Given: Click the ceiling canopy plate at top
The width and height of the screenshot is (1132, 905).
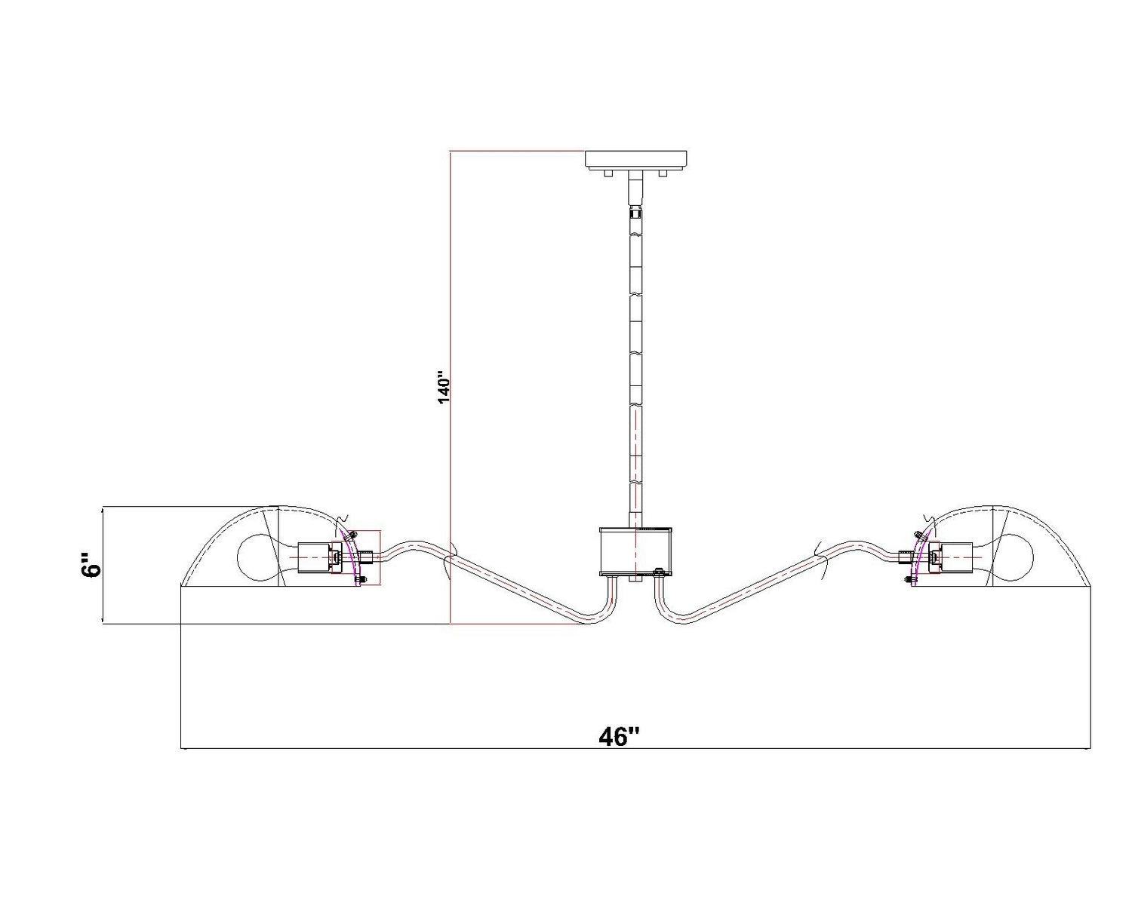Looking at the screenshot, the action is click(636, 160).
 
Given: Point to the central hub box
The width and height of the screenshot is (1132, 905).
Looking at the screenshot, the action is click(636, 551).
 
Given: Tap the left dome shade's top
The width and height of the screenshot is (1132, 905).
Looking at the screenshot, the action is click(278, 508).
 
